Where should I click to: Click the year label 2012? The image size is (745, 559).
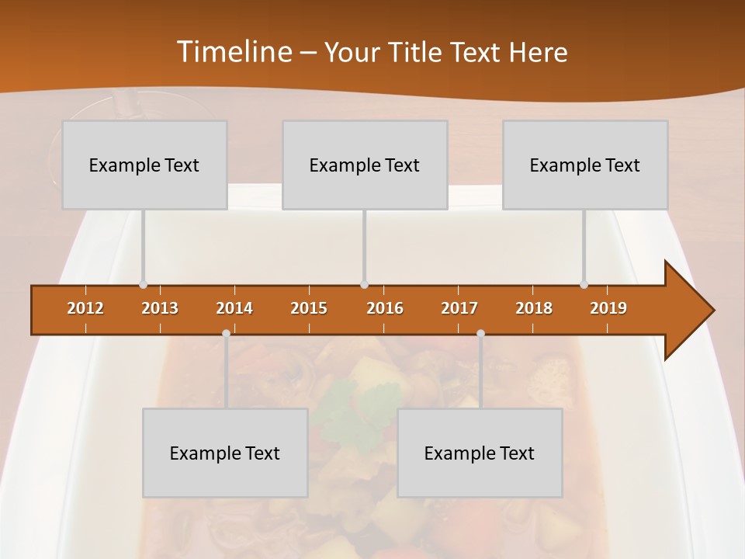pos(85,308)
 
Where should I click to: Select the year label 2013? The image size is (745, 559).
pos(160,308)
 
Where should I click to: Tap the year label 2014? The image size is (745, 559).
pos(234,308)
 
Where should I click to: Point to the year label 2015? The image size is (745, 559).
pos(309,308)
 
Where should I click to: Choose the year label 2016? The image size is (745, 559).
pos(385,308)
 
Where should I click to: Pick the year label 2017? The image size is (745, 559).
pos(459,308)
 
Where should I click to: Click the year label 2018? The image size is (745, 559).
pos(534,308)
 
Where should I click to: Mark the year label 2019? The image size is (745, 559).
pos(608,308)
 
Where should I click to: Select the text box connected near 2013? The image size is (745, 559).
pos(144,165)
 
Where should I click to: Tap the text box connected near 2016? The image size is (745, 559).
pos(365,165)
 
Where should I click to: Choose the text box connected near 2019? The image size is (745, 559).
pos(585,165)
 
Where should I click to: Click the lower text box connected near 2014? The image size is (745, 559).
pos(225,453)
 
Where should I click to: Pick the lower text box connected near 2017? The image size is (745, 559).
pos(480,453)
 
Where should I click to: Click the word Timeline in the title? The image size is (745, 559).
pos(234,52)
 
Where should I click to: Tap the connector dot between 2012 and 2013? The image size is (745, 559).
pos(143,285)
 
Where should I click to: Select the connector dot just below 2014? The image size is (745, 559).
pos(226,334)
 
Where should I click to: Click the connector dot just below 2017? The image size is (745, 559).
pos(480,334)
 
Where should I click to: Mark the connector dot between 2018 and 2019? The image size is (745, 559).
pos(584,285)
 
